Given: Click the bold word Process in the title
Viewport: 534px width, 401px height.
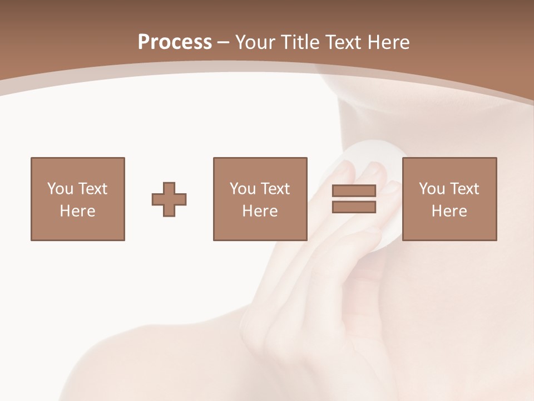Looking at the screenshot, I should pyautogui.click(x=175, y=42).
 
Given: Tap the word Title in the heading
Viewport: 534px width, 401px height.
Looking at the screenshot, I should pyautogui.click(x=300, y=42).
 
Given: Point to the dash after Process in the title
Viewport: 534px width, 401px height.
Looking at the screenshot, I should pyautogui.click(x=224, y=42).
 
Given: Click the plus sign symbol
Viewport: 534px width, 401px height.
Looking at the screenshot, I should pyautogui.click(x=169, y=199).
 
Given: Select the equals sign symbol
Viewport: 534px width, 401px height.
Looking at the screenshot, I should pyautogui.click(x=354, y=199).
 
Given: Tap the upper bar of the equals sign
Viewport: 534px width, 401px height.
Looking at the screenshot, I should pyautogui.click(x=354, y=191).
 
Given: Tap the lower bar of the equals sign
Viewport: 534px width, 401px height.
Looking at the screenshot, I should pyautogui.click(x=354, y=207).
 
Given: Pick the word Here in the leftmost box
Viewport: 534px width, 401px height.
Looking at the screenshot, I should pyautogui.click(x=77, y=211).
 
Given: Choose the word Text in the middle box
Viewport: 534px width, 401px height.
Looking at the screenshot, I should pyautogui.click(x=275, y=188).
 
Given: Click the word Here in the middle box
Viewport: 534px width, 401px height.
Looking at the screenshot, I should pyautogui.click(x=260, y=211).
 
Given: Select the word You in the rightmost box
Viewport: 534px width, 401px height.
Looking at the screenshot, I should pyautogui.click(x=432, y=188).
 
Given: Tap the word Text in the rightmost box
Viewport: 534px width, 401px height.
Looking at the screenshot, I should pyautogui.click(x=464, y=188).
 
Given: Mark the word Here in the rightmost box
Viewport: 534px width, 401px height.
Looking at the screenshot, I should pyautogui.click(x=449, y=211).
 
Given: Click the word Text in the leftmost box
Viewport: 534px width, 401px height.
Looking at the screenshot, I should pyautogui.click(x=93, y=188).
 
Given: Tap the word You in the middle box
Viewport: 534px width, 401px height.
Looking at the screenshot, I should pyautogui.click(x=243, y=188).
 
